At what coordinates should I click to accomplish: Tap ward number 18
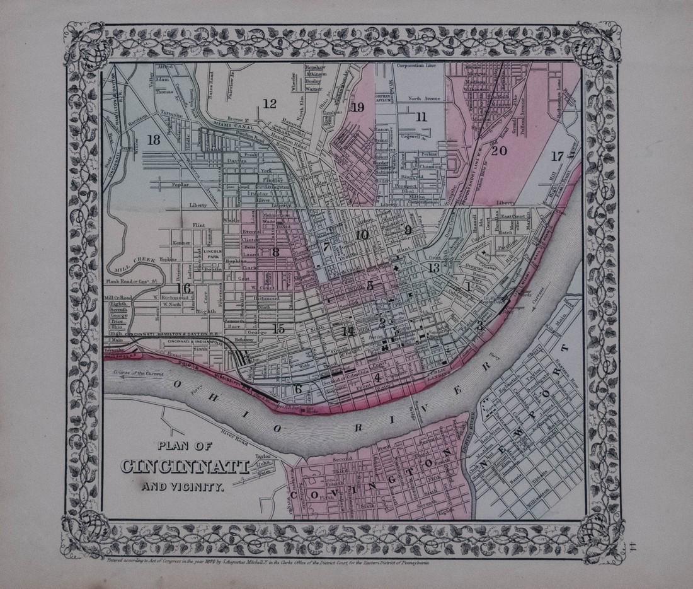click(153, 141)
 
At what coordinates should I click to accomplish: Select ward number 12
click(270, 104)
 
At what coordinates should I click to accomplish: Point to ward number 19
click(358, 107)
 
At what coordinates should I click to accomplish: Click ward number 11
click(421, 116)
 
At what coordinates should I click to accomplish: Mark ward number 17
click(556, 156)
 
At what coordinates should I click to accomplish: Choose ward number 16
click(183, 288)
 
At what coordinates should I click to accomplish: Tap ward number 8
click(275, 252)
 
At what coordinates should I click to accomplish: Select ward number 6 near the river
click(299, 388)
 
